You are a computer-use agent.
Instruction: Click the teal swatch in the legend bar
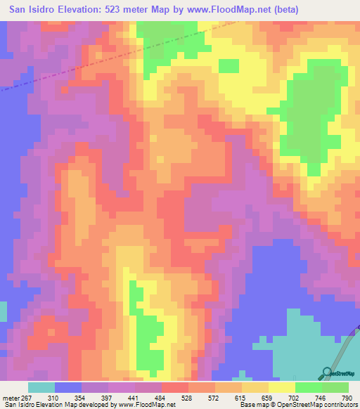point(41,387)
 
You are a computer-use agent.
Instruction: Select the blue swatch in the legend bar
point(68,387)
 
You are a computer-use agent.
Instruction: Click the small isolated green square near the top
point(229,65)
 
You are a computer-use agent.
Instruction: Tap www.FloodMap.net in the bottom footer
point(154,405)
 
